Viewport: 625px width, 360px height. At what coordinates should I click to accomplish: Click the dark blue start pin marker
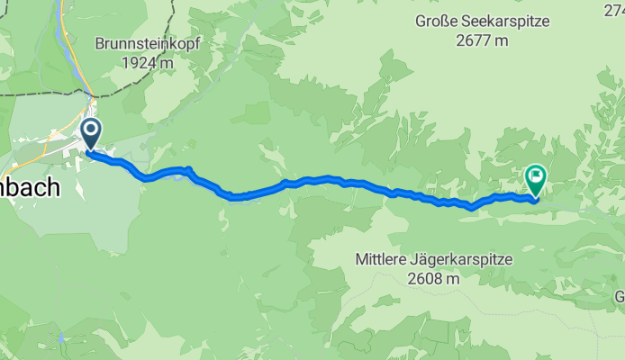coord(91,136)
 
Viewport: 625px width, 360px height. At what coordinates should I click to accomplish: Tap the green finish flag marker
coord(537,180)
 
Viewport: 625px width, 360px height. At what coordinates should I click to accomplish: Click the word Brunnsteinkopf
coord(149,43)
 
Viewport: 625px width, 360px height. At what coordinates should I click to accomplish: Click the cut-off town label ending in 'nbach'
coord(29,189)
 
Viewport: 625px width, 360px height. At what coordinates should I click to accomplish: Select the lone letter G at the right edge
coord(620,297)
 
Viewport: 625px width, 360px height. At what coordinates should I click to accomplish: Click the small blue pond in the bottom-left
coord(60,339)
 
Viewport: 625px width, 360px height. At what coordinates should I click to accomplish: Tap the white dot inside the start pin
coord(91,131)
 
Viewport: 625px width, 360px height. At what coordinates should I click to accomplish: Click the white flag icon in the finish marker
coord(537,175)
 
